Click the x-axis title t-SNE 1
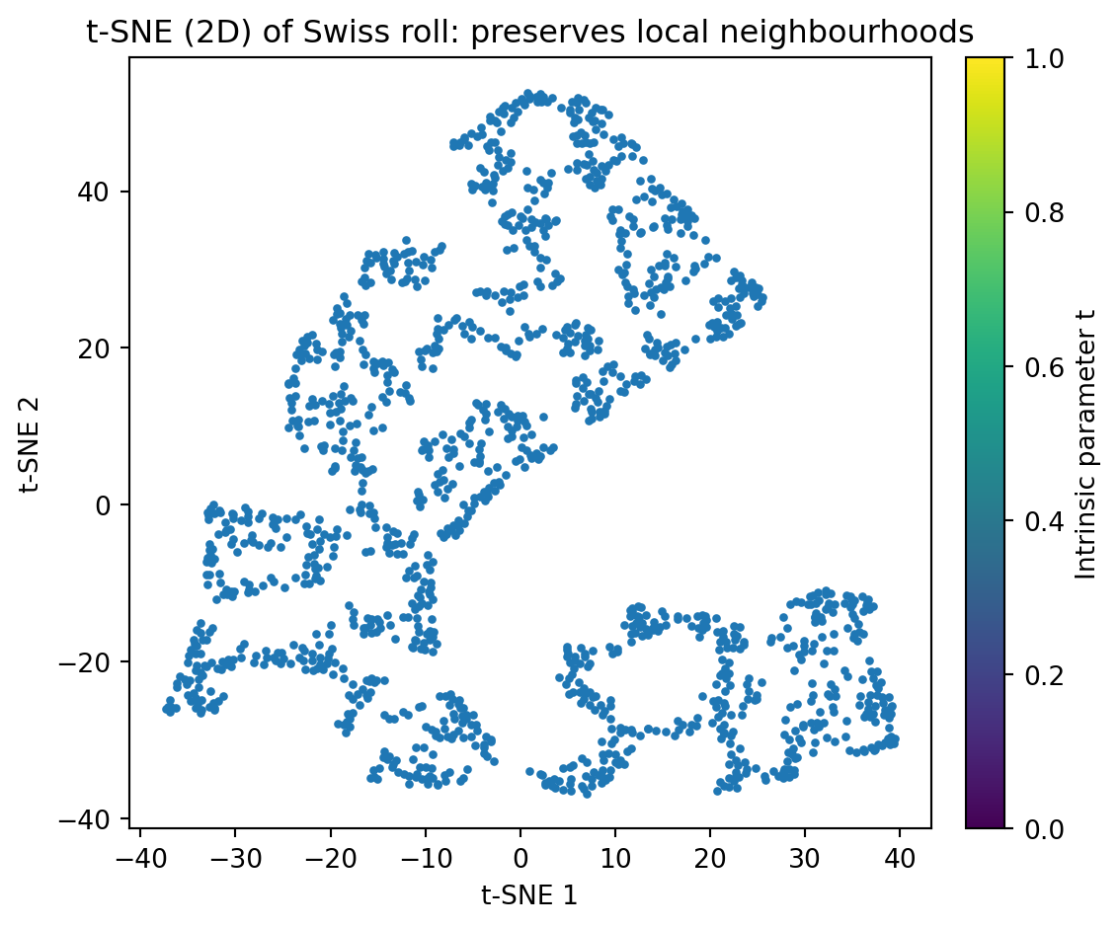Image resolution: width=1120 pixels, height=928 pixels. [529, 894]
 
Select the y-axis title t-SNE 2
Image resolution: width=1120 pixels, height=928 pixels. [32, 441]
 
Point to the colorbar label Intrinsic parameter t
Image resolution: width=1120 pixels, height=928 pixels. [1086, 442]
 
